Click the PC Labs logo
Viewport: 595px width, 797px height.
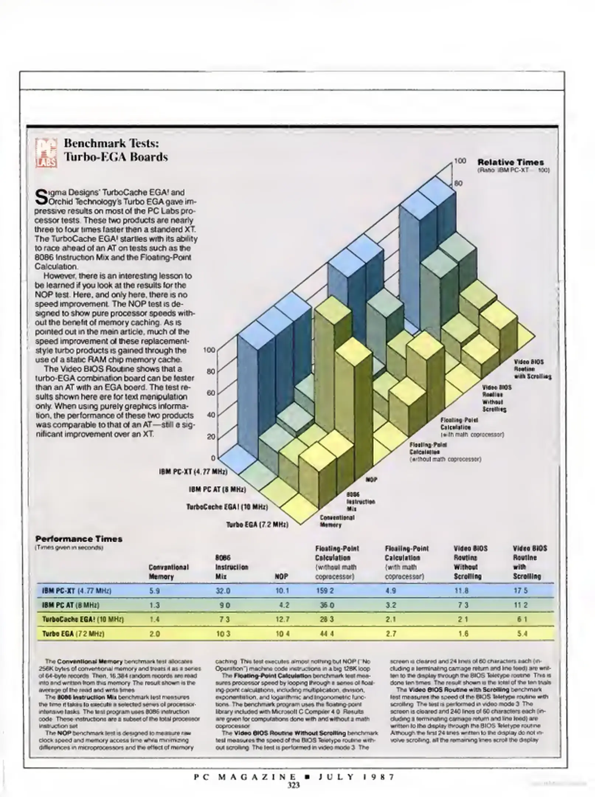click(x=46, y=152)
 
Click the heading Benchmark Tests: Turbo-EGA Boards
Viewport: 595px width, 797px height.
click(x=116, y=150)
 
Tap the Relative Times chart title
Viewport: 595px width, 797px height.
click(x=511, y=162)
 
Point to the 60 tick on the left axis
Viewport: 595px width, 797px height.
click(x=211, y=393)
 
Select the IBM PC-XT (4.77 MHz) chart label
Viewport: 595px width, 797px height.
click(x=193, y=472)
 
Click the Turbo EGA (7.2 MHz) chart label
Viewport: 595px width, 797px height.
click(x=257, y=524)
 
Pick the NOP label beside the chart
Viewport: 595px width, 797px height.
click(x=371, y=480)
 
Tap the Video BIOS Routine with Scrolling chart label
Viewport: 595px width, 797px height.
click(x=533, y=369)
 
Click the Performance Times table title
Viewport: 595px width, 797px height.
click(x=79, y=539)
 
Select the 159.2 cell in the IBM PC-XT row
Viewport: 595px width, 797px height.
click(x=325, y=591)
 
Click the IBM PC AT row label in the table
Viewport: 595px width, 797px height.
click(x=71, y=605)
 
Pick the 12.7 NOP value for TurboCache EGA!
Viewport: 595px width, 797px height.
click(x=282, y=619)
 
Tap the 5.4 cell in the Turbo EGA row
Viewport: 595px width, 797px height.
click(x=522, y=634)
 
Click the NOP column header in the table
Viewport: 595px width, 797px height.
click(x=281, y=576)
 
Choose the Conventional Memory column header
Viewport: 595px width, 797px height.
click(x=169, y=572)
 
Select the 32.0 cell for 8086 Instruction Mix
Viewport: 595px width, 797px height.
click(x=223, y=591)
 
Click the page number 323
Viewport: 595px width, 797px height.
click(x=294, y=785)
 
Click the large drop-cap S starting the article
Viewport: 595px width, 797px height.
click(x=42, y=197)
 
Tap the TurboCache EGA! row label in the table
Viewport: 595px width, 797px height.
click(x=83, y=619)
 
